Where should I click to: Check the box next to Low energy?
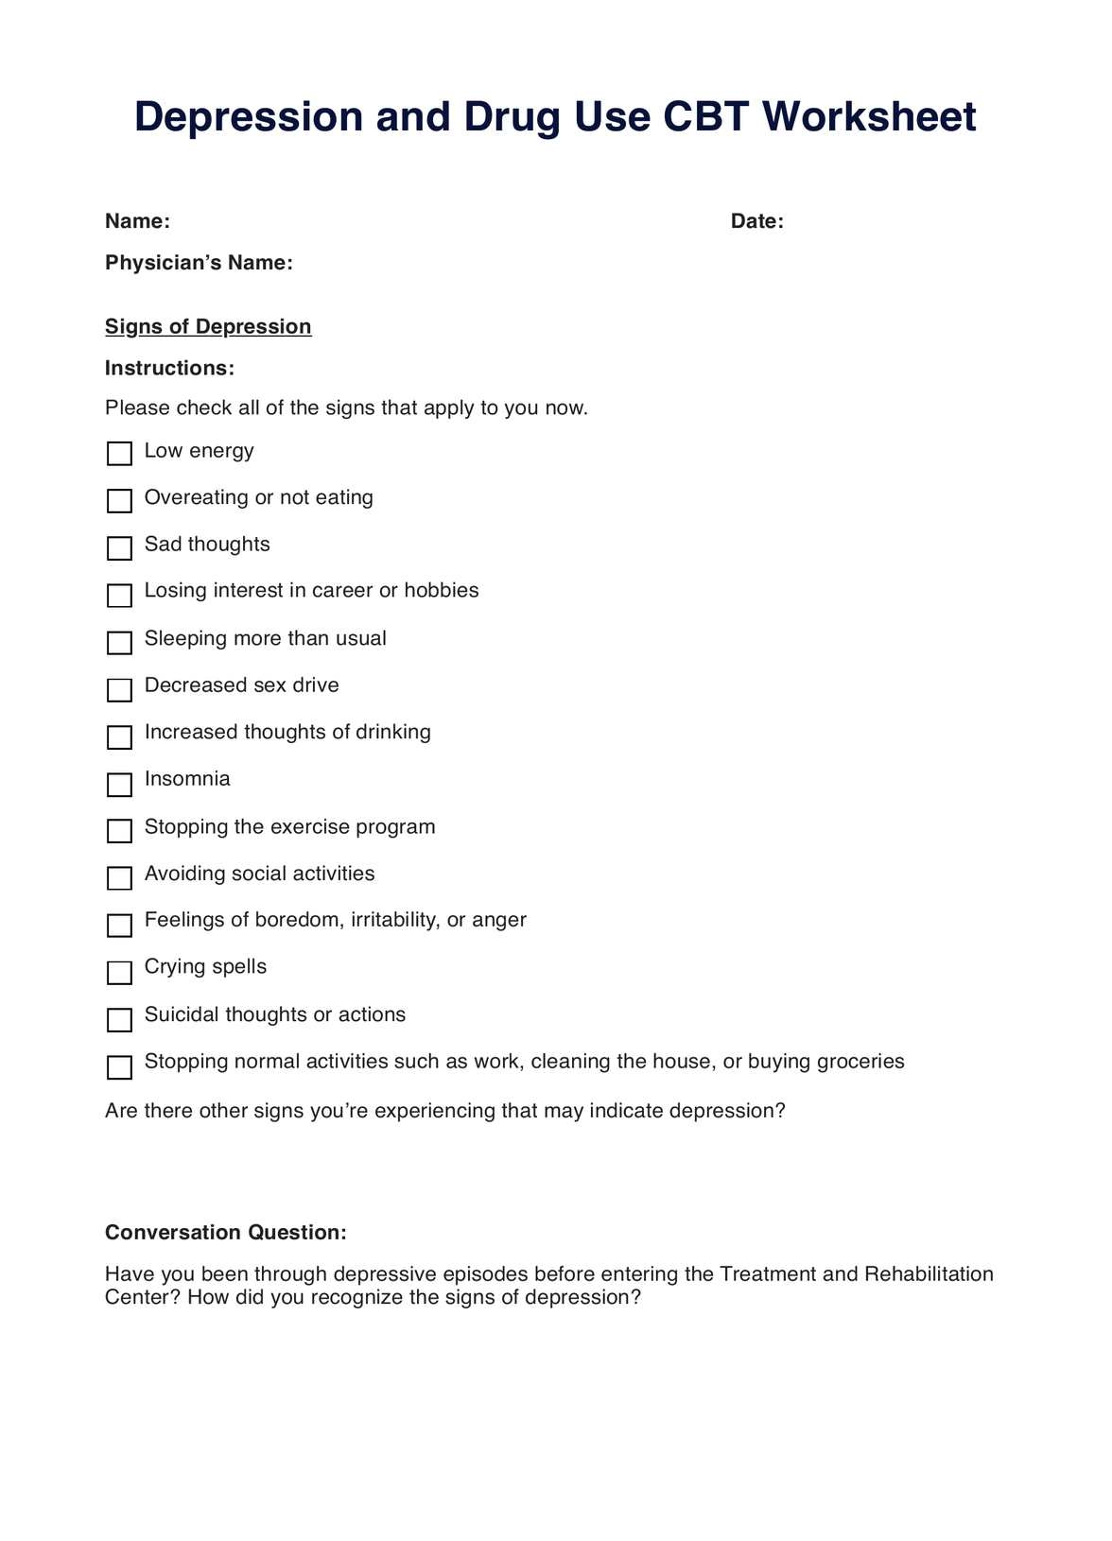(x=120, y=454)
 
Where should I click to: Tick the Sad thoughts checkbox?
(x=120, y=548)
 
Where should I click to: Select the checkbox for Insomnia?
(x=120, y=785)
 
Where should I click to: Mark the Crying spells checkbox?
(x=120, y=973)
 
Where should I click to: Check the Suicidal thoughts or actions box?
(x=120, y=1020)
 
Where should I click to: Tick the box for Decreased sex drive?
(x=120, y=690)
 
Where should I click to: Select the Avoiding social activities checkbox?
(x=120, y=878)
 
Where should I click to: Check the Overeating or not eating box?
(x=120, y=501)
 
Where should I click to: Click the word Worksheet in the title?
(x=869, y=117)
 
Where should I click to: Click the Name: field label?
(x=137, y=221)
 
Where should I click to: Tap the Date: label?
(x=757, y=221)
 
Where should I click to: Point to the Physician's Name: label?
(x=199, y=263)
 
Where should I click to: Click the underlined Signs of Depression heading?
(x=208, y=327)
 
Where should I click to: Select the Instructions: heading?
(x=169, y=369)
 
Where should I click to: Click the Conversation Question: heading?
(x=225, y=1233)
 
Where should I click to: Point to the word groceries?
(x=860, y=1062)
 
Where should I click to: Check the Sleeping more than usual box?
(x=120, y=643)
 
